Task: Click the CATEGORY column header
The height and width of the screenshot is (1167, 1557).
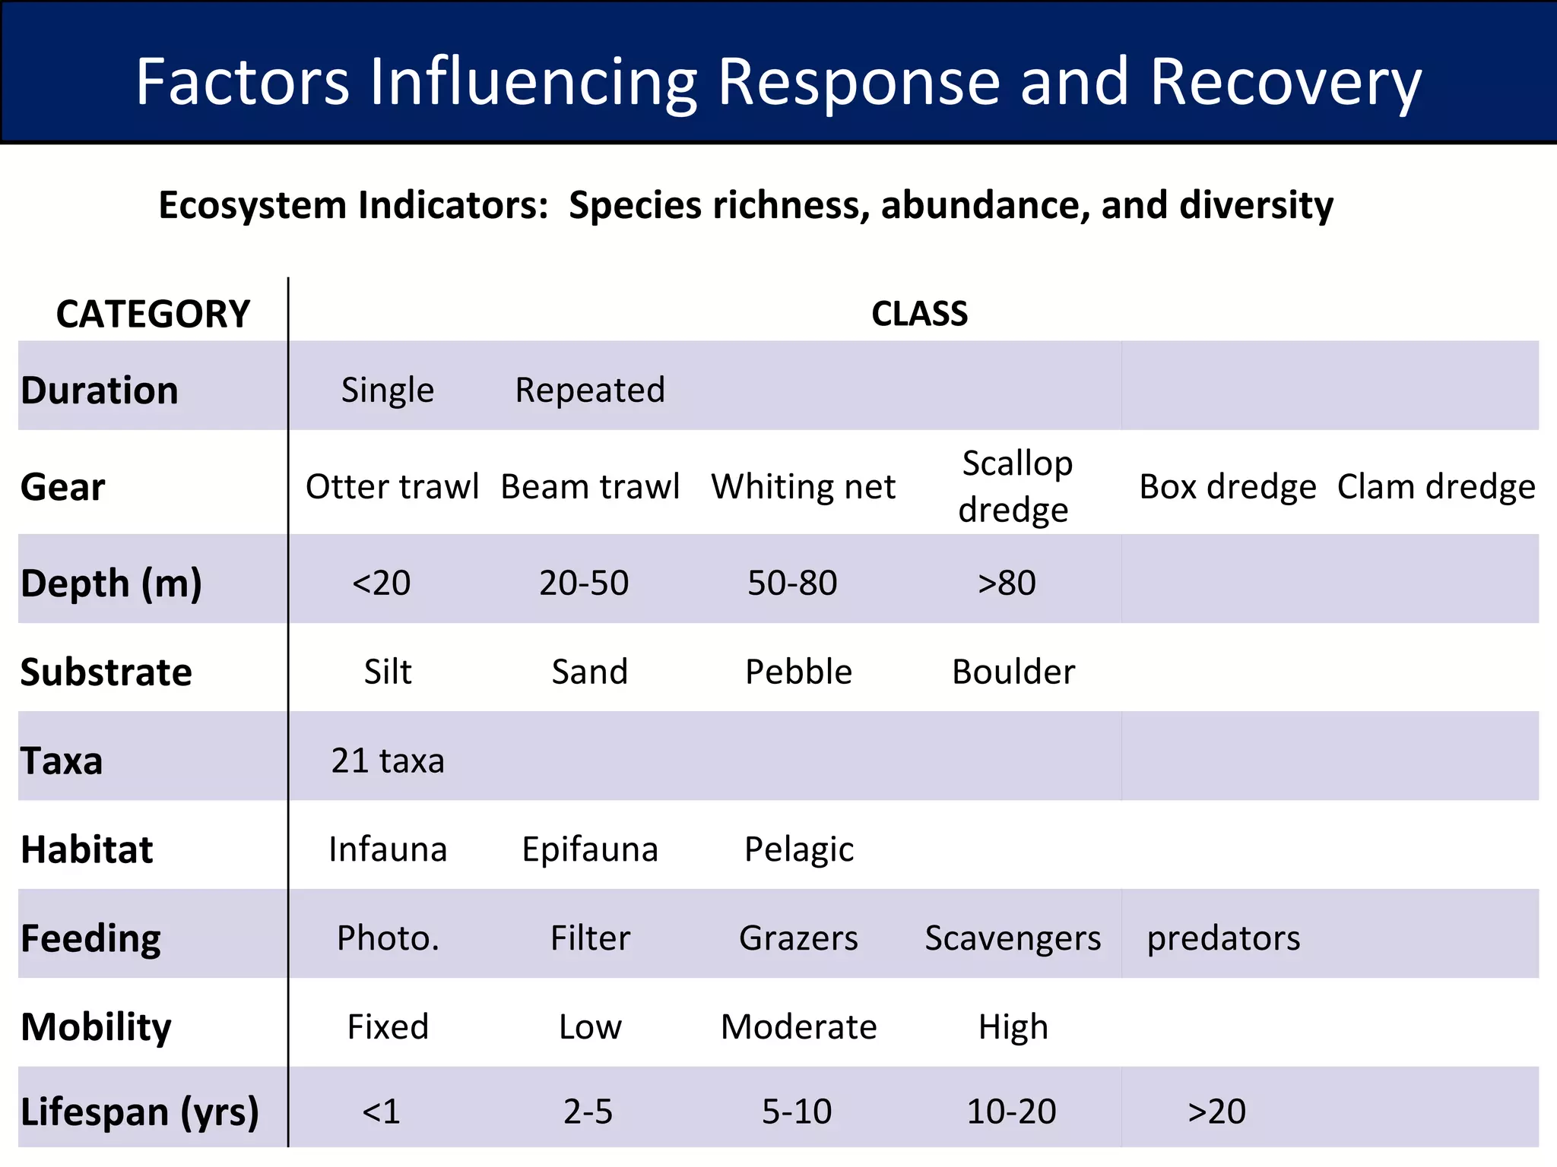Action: [153, 314]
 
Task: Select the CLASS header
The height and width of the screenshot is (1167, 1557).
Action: [919, 314]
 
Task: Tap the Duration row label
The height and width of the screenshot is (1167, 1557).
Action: [100, 391]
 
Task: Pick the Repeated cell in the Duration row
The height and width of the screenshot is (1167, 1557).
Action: [590, 391]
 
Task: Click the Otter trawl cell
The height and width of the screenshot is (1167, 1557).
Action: [392, 487]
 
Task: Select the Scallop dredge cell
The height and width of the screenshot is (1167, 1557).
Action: [1015, 486]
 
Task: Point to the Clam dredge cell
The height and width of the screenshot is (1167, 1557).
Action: [1436, 487]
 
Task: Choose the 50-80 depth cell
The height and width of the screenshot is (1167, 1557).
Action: [792, 583]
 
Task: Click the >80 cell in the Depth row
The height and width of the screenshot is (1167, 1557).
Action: [1007, 583]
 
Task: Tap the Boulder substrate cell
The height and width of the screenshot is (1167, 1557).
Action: [1013, 672]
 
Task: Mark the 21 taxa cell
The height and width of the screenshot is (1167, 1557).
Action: [388, 761]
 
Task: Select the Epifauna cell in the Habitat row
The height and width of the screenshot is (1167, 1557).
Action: [590, 849]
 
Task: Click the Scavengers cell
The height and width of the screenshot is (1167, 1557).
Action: [1013, 938]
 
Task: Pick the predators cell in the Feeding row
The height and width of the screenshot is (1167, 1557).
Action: [1223, 938]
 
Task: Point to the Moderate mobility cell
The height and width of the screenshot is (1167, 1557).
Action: [798, 1027]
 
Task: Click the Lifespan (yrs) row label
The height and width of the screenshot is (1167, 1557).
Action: [140, 1112]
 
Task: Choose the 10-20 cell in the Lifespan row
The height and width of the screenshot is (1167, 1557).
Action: [1011, 1112]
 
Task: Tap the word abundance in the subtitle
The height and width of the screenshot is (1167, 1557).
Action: [985, 206]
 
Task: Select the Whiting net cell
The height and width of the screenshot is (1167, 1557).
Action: [803, 487]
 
